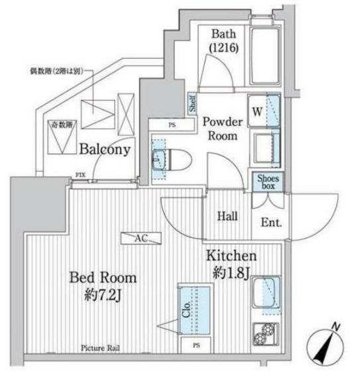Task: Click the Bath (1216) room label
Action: tap(221, 41)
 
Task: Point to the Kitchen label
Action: tap(230, 256)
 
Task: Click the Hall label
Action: tap(229, 216)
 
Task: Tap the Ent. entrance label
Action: tap(270, 223)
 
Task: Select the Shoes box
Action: tap(267, 182)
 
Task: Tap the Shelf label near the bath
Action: tap(192, 103)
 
